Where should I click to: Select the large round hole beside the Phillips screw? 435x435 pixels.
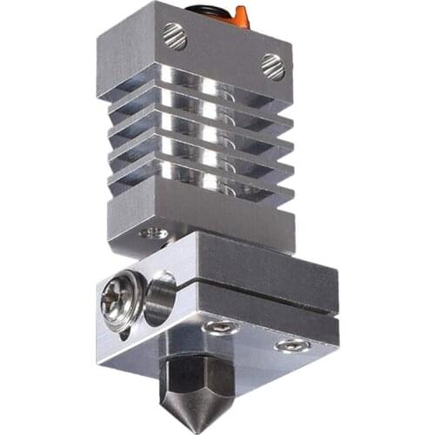pos(161,295)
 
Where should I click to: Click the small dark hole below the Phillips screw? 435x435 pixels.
pos(127,330)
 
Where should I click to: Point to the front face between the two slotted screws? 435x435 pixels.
pos(222,52)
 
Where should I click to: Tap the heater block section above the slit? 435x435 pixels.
pos(261,265)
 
